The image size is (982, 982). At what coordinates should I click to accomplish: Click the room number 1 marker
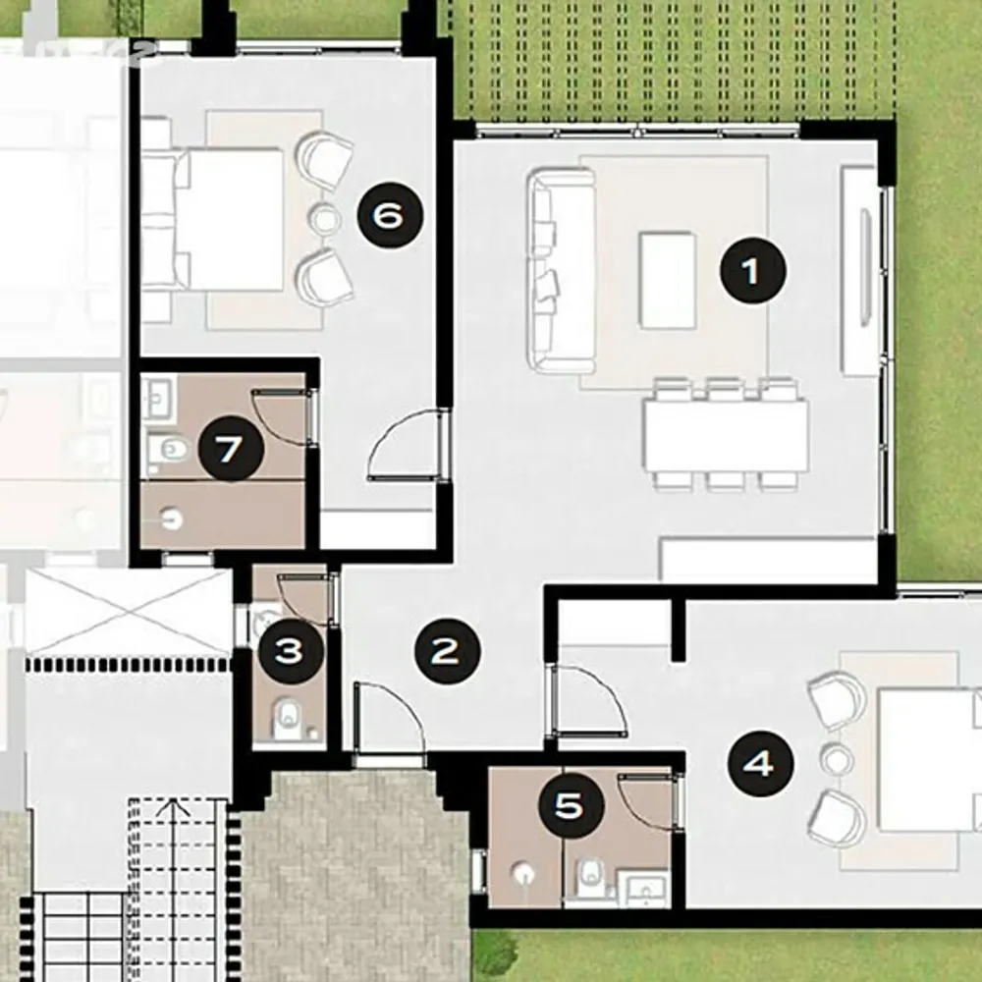(x=752, y=271)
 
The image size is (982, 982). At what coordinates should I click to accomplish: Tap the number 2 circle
(x=447, y=651)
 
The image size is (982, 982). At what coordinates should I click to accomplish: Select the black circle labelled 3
(x=291, y=651)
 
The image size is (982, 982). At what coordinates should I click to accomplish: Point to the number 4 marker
(x=760, y=764)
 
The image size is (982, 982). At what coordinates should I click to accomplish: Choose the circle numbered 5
(x=572, y=805)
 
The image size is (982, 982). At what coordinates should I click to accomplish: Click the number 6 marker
(x=390, y=215)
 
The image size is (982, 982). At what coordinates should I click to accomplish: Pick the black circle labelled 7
(x=231, y=449)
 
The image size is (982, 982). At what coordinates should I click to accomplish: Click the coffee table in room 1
(x=668, y=280)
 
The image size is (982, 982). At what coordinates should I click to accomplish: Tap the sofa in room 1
(x=561, y=271)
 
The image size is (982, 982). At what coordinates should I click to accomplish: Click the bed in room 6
(x=213, y=219)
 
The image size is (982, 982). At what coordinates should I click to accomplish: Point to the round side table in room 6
(x=325, y=219)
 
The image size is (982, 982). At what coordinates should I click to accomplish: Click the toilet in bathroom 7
(x=168, y=449)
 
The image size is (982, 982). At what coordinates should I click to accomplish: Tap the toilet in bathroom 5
(x=590, y=877)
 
